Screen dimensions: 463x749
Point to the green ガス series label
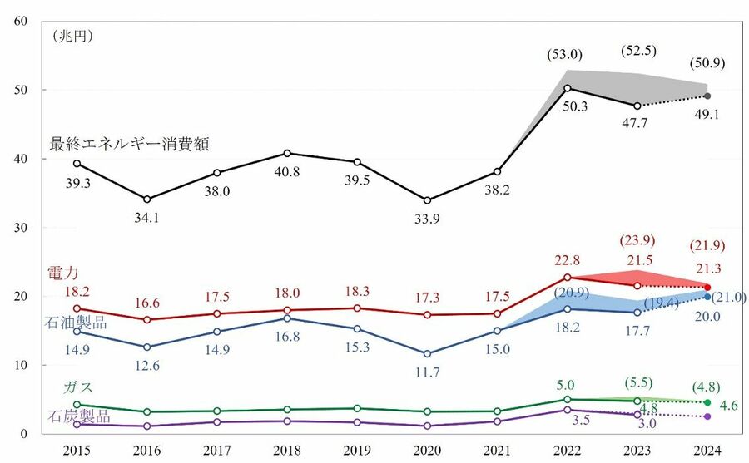coord(77,388)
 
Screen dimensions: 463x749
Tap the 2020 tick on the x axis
coord(427,449)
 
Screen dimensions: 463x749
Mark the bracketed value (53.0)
coord(565,55)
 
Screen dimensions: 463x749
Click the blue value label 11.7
coord(427,372)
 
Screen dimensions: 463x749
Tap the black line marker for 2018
coord(287,153)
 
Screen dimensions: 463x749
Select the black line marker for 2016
coord(147,199)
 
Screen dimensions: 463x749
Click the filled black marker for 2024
coord(707,96)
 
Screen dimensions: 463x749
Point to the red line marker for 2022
coord(568,278)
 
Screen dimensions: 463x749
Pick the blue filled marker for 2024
coord(707,297)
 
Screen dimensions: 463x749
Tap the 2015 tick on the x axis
coord(77,449)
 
